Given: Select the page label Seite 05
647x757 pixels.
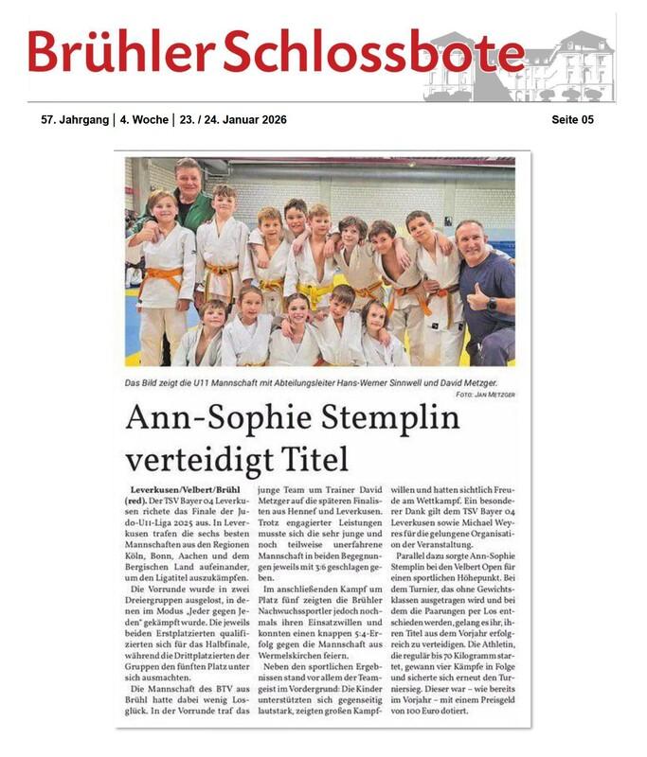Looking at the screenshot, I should [x=572, y=120].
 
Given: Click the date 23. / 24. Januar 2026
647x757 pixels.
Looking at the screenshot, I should [x=231, y=120].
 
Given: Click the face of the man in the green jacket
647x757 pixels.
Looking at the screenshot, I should [x=187, y=180].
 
